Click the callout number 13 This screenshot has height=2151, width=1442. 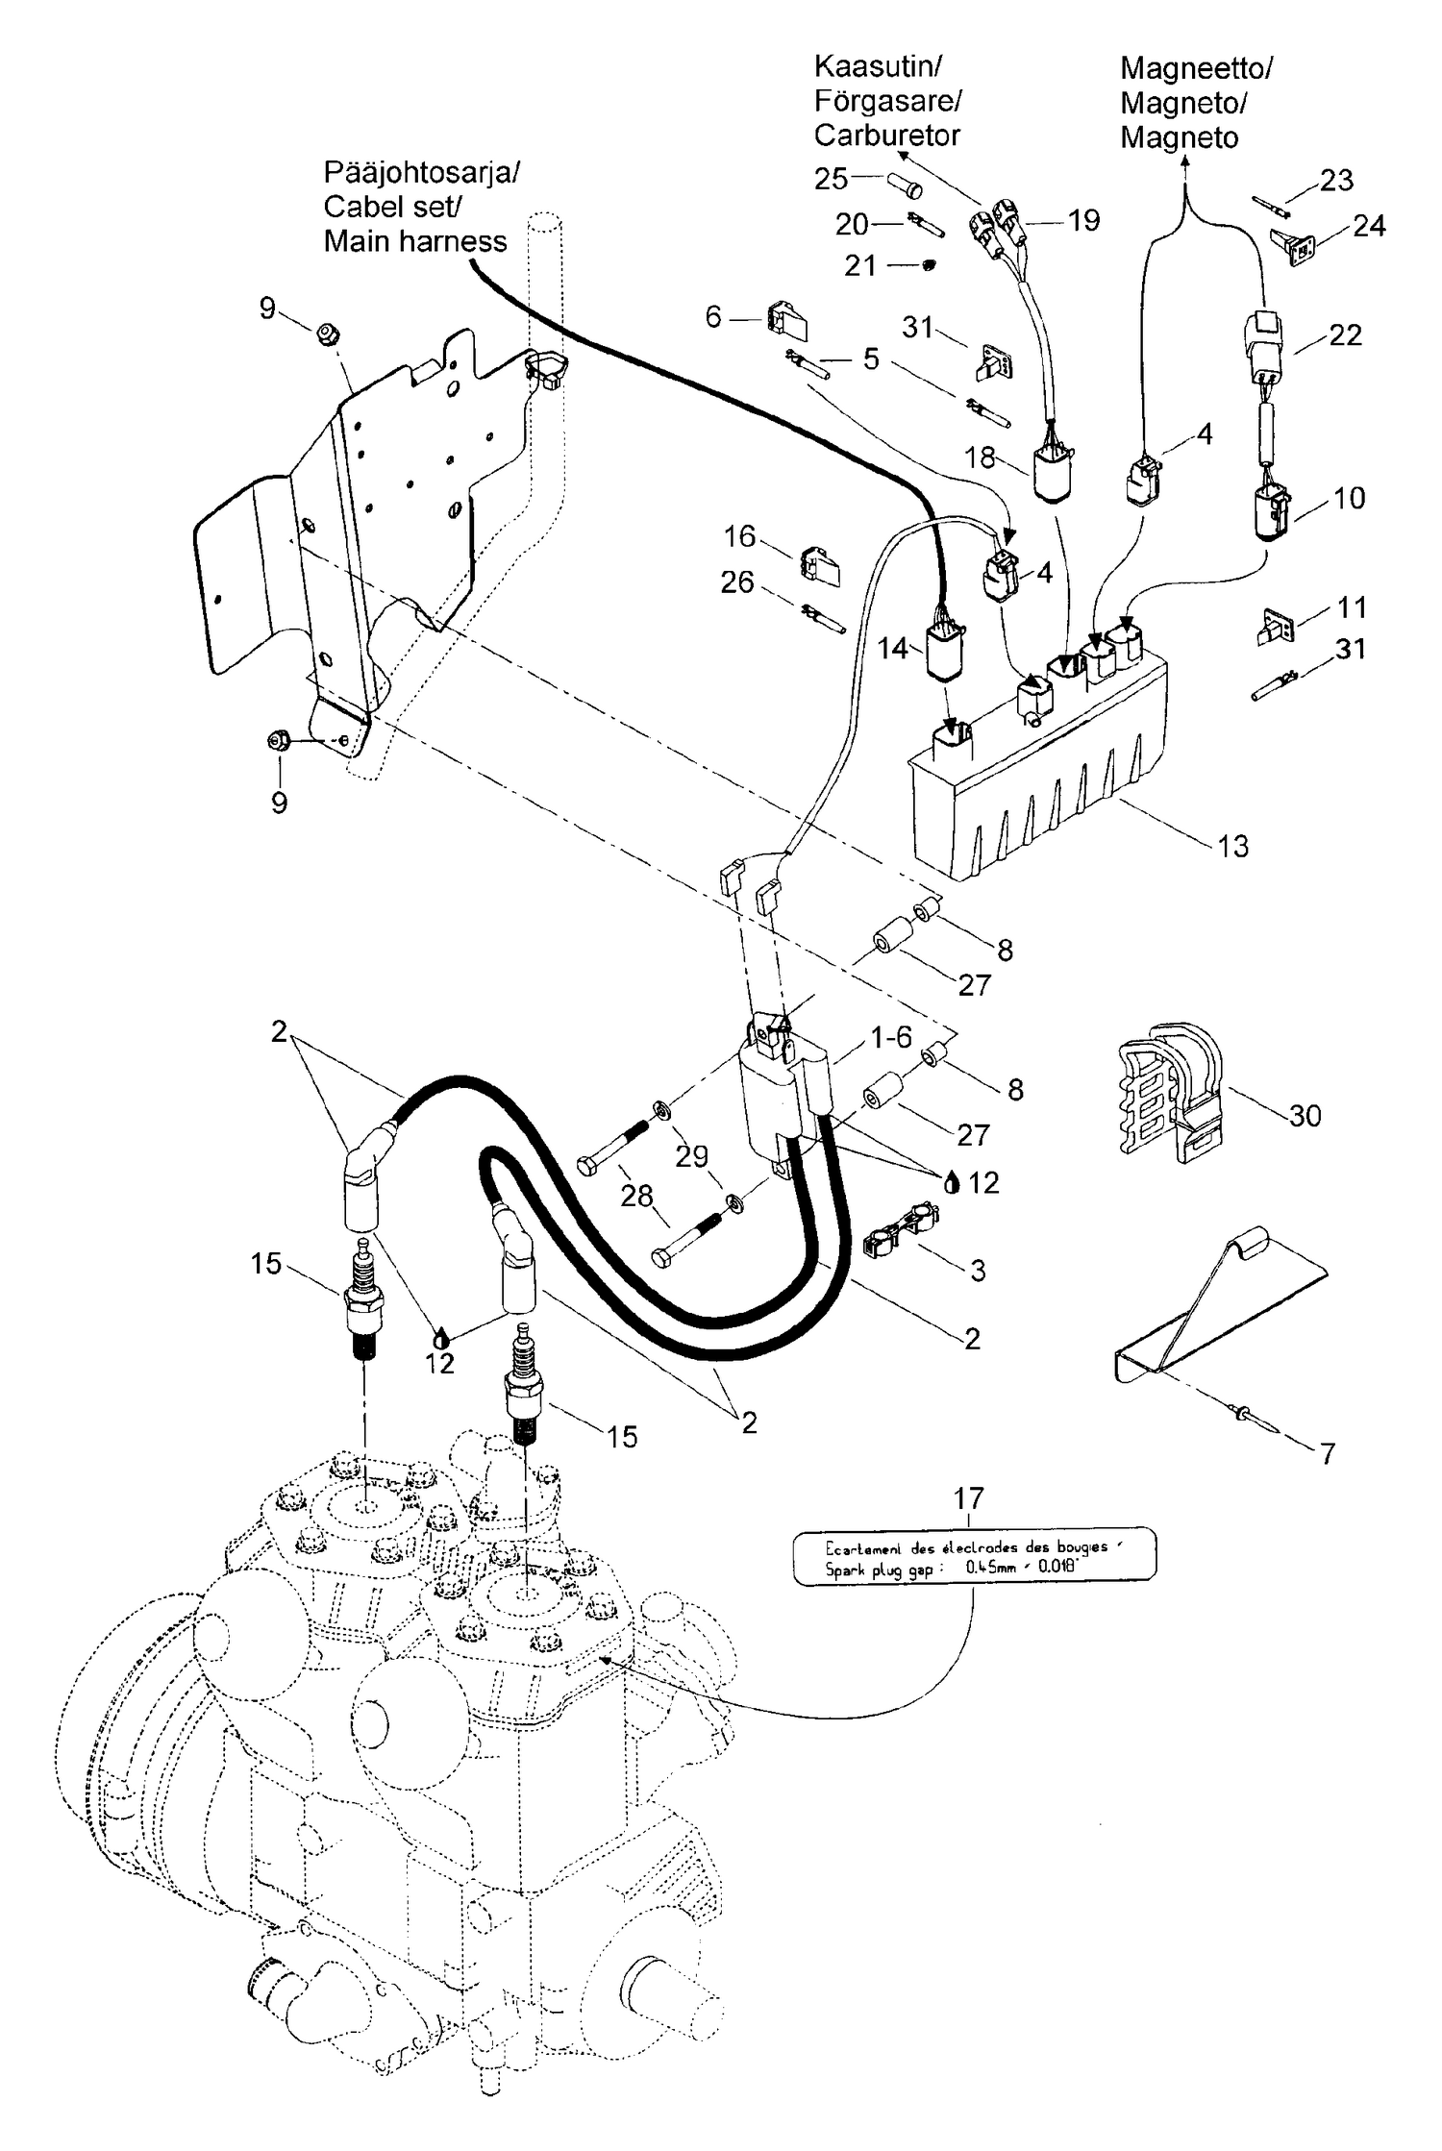point(1232,846)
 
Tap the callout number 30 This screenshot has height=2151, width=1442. point(1305,1115)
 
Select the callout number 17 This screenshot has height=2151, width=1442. point(968,1498)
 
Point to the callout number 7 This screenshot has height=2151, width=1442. point(1328,1453)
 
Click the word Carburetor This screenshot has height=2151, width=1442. point(886,136)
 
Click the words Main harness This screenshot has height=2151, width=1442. point(415,241)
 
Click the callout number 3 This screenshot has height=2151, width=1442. point(978,1270)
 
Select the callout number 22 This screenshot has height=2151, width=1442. point(1345,334)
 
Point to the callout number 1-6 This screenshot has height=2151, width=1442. point(890,1037)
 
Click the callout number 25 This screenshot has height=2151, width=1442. point(832,179)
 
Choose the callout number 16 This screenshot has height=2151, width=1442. point(739,536)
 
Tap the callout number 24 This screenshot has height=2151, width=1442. point(1369,226)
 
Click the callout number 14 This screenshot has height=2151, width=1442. point(893,649)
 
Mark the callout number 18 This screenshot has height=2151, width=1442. point(980,457)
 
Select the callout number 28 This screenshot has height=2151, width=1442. point(636,1197)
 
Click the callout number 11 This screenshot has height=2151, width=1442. point(1352,607)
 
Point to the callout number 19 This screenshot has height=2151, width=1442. point(1083,221)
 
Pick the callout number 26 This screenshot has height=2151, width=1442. point(737,582)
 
